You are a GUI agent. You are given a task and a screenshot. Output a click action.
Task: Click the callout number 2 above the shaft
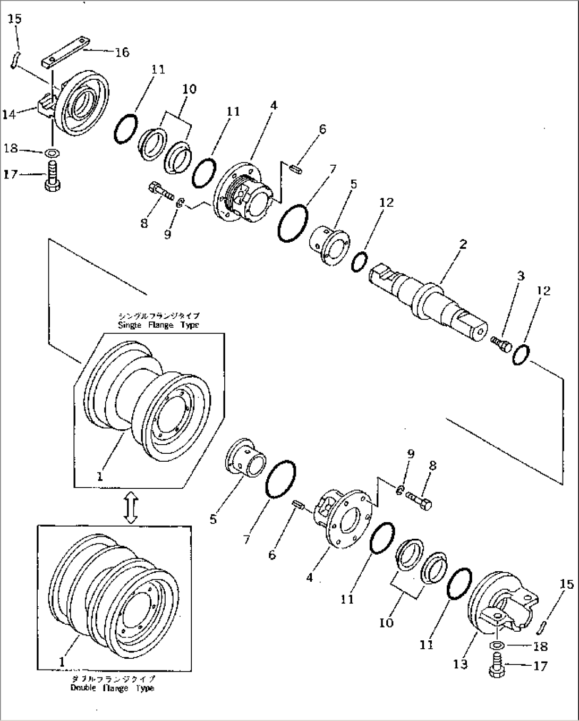[x=463, y=244]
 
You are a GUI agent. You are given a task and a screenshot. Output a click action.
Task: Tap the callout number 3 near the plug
[x=521, y=276]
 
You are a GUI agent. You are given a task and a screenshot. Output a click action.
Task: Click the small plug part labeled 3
[x=501, y=344]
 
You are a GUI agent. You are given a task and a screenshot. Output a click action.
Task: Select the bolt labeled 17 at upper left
[x=53, y=179]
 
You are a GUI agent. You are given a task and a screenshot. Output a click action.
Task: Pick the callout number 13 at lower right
[x=461, y=664]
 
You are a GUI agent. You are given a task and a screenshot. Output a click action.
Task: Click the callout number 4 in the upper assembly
[x=273, y=106]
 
